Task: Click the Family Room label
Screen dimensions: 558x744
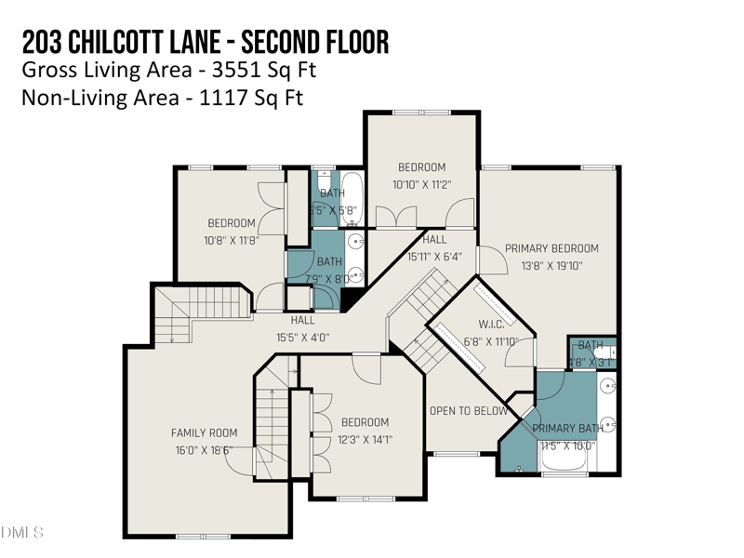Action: pos(204,432)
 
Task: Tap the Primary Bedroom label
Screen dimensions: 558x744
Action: pos(551,248)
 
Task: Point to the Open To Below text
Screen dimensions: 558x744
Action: pos(468,411)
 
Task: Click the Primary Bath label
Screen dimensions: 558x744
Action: pos(567,429)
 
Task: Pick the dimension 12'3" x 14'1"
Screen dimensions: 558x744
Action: pos(364,440)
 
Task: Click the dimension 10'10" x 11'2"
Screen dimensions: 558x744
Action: pos(421,184)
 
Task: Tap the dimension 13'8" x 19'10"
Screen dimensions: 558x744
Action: pos(551,266)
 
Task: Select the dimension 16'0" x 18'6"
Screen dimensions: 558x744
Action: pos(204,449)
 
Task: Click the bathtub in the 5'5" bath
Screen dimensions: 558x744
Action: pos(352,194)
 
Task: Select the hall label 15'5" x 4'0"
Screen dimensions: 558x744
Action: pos(302,338)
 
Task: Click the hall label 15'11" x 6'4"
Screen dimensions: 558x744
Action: pos(434,257)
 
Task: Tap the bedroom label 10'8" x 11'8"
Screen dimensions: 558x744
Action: pos(232,239)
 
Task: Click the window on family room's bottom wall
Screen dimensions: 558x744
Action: pos(203,537)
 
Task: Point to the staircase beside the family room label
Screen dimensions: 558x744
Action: pos(272,428)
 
